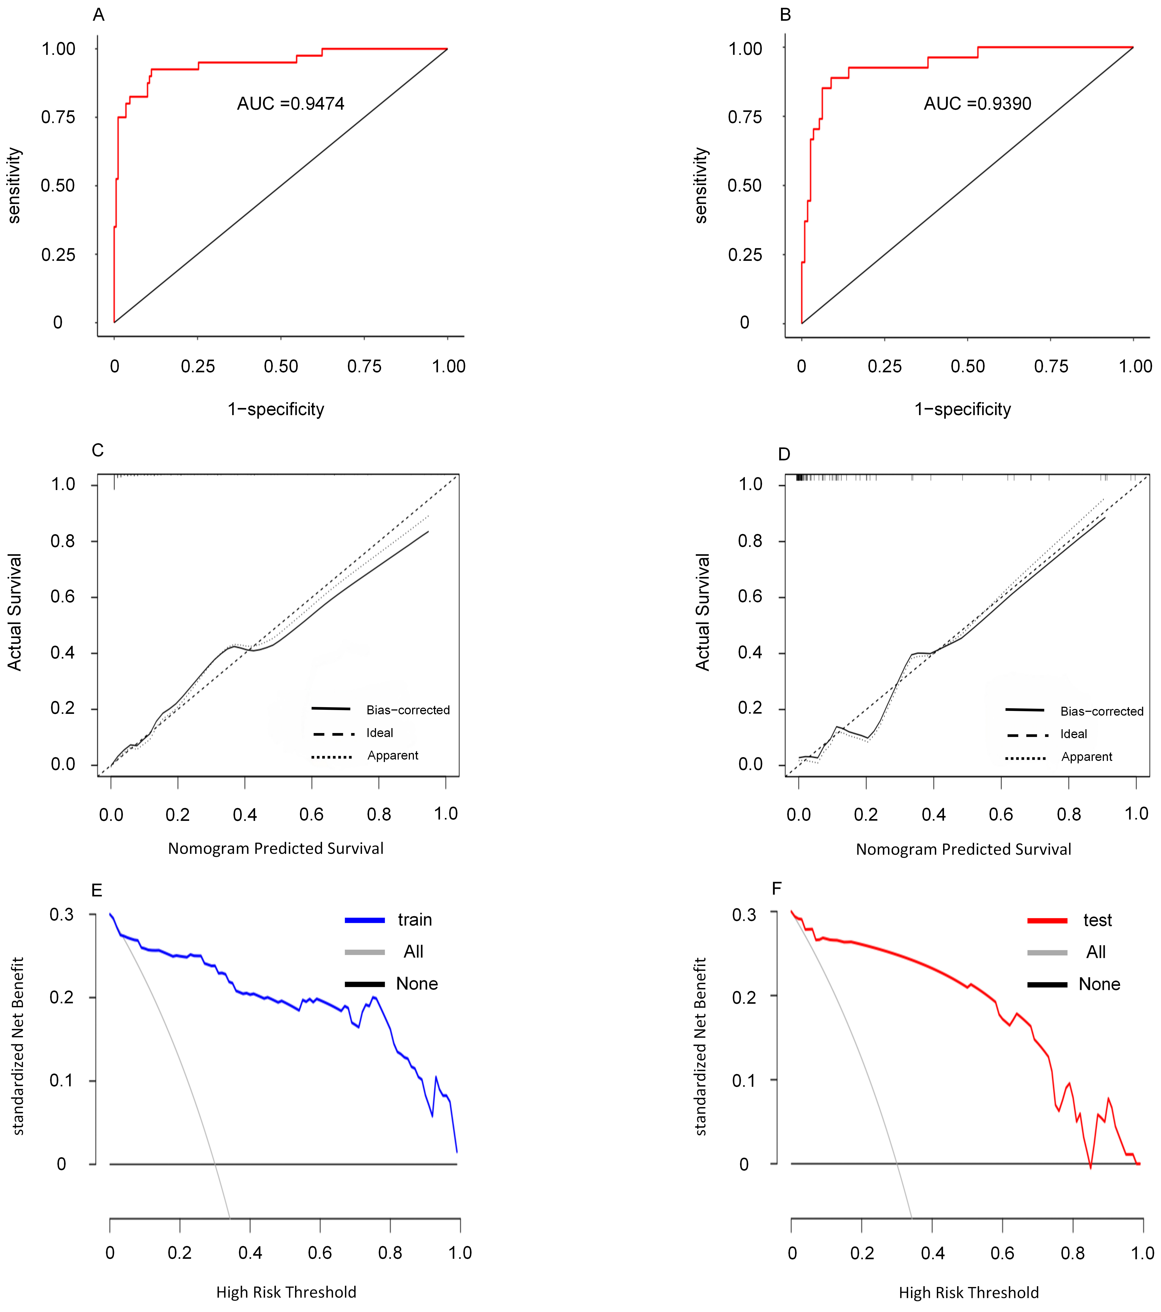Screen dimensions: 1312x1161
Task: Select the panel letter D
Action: (x=784, y=454)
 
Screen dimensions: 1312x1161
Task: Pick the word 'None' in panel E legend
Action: (x=417, y=984)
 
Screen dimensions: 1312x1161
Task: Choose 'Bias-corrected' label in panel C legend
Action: (x=408, y=710)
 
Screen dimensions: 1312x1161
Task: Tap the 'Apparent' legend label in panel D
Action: (x=1087, y=757)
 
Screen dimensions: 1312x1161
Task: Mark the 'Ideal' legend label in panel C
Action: (x=380, y=733)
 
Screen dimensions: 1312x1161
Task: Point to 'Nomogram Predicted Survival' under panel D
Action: (x=963, y=849)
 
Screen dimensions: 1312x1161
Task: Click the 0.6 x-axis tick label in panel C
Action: (x=312, y=815)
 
